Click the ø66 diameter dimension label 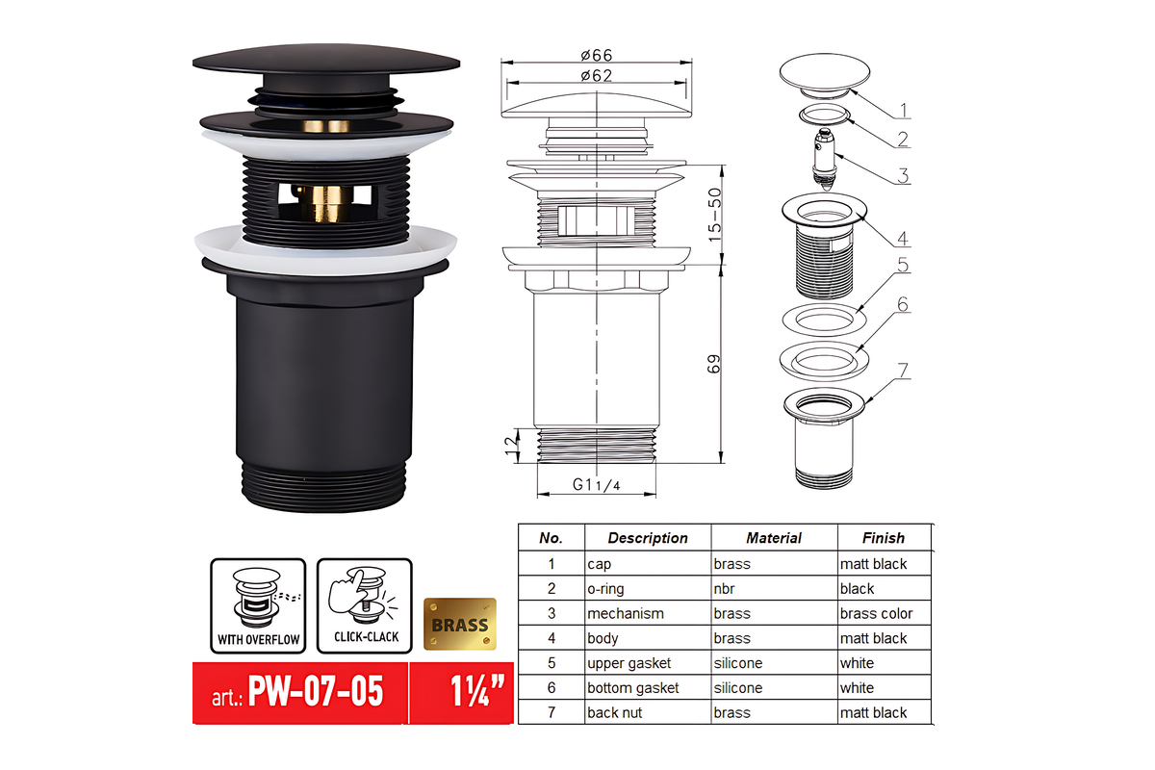596,55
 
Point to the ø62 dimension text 596,76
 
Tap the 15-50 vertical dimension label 714,215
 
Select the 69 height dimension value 713,364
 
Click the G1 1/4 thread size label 596,485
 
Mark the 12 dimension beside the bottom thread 511,446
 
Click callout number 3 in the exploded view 903,175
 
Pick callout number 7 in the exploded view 903,371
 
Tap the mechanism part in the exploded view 825,159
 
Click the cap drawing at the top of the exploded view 825,75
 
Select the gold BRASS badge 459,624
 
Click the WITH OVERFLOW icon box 258,605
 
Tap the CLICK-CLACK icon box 365,605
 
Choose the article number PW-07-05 316,692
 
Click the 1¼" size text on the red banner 476,691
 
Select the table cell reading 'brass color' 876,613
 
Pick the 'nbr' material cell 724,588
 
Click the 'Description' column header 648,538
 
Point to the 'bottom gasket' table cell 632,687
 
